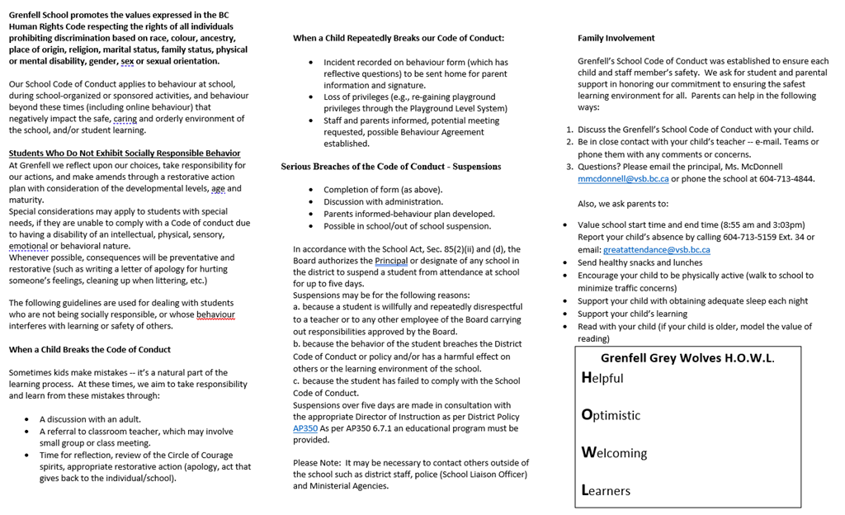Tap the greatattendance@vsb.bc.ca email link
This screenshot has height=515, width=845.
click(656, 249)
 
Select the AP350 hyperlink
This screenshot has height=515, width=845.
click(304, 428)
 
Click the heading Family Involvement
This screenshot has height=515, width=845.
click(616, 38)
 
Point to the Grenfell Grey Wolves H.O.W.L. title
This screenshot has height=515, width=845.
click(687, 358)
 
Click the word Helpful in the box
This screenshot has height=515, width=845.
click(602, 378)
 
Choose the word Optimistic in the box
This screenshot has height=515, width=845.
click(611, 415)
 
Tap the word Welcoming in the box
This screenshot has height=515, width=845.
click(614, 453)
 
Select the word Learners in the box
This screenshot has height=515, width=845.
click(606, 490)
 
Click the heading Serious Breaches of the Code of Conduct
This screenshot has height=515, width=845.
click(390, 167)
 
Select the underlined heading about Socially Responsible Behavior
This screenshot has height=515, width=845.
click(125, 154)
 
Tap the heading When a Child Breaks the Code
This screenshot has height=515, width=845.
click(90, 350)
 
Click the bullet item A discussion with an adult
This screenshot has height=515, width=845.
click(90, 419)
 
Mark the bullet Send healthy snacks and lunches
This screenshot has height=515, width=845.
click(640, 263)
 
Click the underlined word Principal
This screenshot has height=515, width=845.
click(391, 261)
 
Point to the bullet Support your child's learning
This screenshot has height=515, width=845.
click(632, 314)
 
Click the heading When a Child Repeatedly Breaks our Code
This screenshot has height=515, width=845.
click(399, 38)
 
